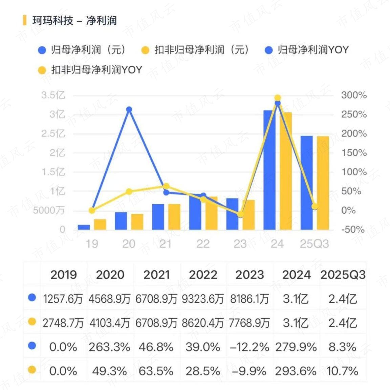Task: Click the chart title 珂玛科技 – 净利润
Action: tap(74, 20)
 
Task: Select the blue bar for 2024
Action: tap(269, 170)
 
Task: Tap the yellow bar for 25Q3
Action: tap(323, 183)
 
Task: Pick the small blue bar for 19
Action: tap(84, 227)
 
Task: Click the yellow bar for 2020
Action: tap(137, 222)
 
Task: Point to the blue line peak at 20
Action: tap(129, 109)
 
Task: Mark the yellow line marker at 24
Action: tap(278, 98)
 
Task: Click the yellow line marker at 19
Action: tap(92, 211)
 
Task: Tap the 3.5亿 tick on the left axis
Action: tap(53, 95)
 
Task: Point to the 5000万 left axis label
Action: tap(49, 211)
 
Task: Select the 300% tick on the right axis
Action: tap(354, 95)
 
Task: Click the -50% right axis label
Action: tap(353, 229)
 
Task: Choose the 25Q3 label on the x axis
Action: tap(315, 244)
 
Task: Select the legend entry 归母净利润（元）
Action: tap(82, 50)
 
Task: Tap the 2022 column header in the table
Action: tap(203, 275)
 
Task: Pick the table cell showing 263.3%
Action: tap(109, 347)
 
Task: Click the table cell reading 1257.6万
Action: tap(63, 299)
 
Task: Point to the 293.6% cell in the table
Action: tap(296, 371)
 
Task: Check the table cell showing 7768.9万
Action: tap(249, 323)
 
